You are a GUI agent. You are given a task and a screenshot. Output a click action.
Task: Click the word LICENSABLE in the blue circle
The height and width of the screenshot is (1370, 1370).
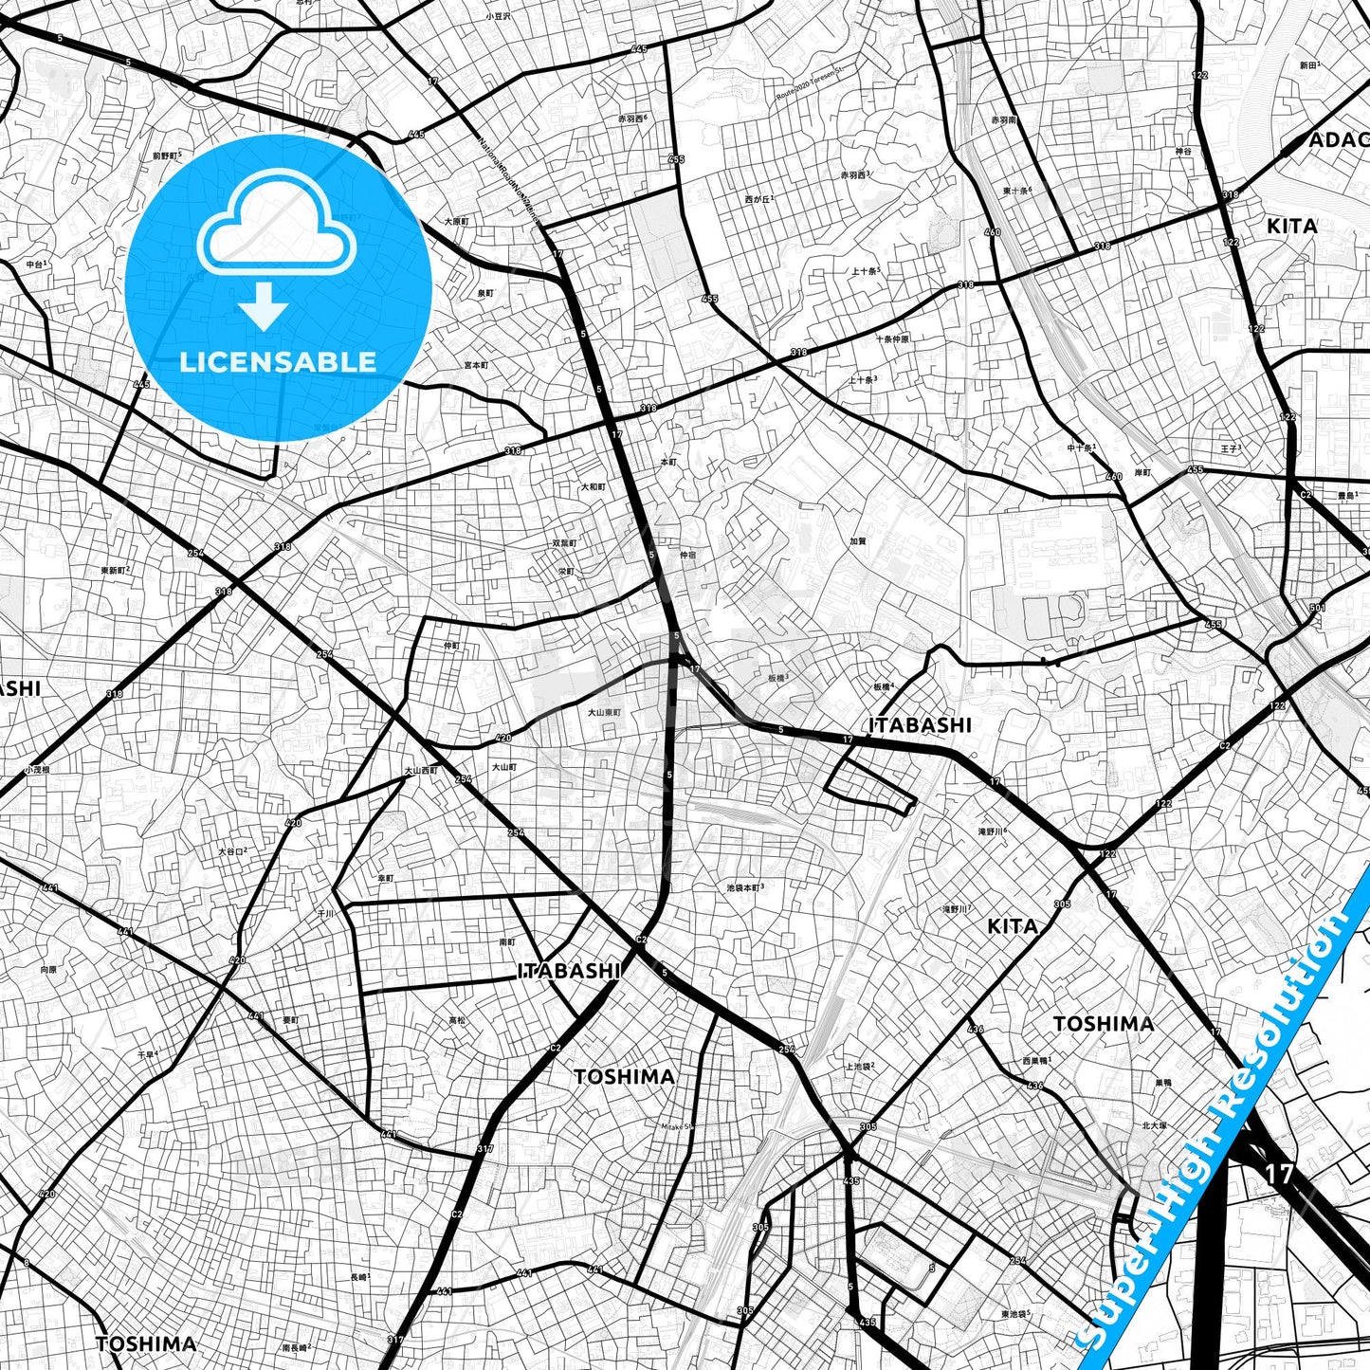(x=278, y=361)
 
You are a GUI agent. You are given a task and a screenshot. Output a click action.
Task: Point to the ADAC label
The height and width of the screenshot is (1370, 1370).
(x=1338, y=140)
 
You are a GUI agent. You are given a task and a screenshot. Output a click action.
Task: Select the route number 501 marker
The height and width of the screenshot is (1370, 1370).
(x=1317, y=608)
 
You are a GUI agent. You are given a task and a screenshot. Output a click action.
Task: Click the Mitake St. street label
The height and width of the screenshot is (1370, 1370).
(x=678, y=1126)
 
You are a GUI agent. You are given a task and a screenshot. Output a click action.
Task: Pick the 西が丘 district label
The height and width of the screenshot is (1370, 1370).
(x=759, y=199)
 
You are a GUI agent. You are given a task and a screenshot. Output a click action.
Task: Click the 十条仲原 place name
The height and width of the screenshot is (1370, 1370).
(x=892, y=338)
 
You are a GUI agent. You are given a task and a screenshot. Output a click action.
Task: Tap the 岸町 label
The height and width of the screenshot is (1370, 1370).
(x=1142, y=473)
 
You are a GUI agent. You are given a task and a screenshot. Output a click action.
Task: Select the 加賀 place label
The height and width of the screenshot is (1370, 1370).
(x=858, y=541)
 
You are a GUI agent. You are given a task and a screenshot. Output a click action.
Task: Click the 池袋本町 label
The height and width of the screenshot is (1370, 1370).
(x=744, y=887)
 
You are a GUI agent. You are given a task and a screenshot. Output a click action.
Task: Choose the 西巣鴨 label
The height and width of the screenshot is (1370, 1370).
(x=1036, y=1060)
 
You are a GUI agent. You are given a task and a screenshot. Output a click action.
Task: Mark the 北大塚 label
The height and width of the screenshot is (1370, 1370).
(x=1154, y=1125)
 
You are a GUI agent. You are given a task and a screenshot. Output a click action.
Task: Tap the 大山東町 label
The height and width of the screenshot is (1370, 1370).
(x=603, y=712)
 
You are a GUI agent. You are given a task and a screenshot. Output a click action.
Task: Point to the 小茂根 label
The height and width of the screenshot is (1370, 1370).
(x=37, y=769)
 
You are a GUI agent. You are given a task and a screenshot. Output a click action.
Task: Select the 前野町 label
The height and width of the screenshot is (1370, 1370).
(x=166, y=155)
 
